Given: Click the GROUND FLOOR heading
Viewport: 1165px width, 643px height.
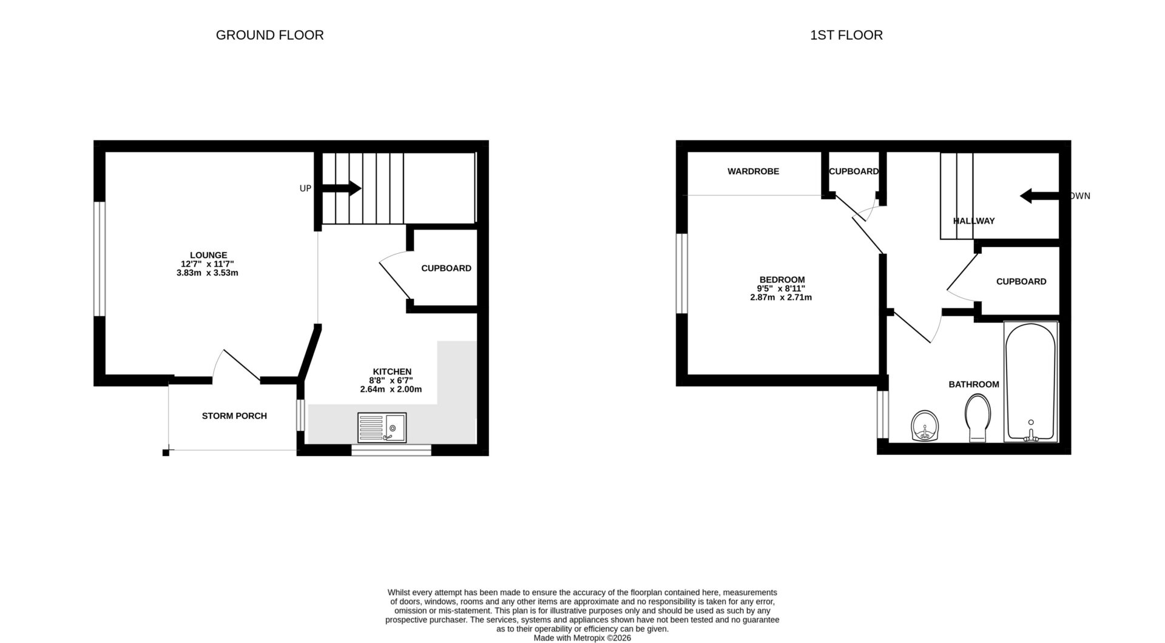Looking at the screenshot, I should tap(269, 35).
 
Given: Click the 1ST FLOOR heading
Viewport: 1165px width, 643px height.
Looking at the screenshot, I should tap(846, 35).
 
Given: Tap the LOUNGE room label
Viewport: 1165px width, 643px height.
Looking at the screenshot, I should tap(208, 255).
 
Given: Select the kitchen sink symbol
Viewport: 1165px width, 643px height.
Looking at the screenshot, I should tap(382, 428).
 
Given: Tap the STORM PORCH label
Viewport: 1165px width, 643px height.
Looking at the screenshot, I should tap(234, 416).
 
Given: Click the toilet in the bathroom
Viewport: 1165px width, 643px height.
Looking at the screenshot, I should tap(977, 418).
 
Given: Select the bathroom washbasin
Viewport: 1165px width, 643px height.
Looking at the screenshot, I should tap(925, 426).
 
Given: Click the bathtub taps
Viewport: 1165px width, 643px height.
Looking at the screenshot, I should tap(1030, 434).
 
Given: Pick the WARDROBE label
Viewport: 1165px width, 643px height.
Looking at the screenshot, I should tap(753, 171).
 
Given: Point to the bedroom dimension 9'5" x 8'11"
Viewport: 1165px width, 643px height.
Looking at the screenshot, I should tap(781, 288).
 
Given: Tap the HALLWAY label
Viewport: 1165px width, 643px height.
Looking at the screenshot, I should tap(973, 221).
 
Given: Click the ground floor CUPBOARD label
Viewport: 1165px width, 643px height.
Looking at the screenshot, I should tap(446, 268).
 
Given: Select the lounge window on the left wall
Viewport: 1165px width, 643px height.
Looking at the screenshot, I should tap(100, 259).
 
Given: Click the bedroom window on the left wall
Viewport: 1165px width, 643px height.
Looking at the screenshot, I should tap(682, 274).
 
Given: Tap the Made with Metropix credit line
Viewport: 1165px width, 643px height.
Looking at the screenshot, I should tap(582, 638).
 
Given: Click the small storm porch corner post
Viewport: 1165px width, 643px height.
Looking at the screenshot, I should tap(166, 452).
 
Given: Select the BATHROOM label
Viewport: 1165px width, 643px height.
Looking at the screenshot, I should tap(973, 384).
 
